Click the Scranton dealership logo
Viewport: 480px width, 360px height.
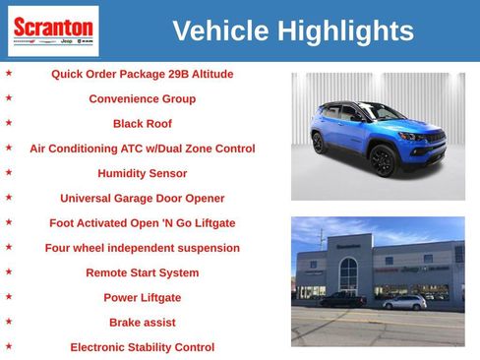(x=53, y=30)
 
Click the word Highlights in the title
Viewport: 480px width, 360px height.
(x=345, y=30)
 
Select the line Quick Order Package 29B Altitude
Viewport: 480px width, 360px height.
(x=142, y=74)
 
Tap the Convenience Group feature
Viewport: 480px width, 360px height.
(x=142, y=99)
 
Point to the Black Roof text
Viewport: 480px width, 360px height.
(x=142, y=124)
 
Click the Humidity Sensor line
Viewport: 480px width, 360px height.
(x=142, y=173)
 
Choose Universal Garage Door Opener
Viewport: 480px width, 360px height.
(x=142, y=198)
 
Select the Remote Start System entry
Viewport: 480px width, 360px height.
(x=142, y=272)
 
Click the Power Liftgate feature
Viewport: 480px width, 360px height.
(x=142, y=297)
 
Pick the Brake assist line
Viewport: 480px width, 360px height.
(x=142, y=323)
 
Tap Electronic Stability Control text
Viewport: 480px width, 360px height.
(x=142, y=347)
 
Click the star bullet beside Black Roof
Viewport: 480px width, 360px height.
(x=9, y=123)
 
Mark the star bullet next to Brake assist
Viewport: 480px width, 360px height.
(x=9, y=322)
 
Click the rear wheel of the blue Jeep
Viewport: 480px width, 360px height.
(x=319, y=143)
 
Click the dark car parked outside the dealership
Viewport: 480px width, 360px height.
(x=343, y=299)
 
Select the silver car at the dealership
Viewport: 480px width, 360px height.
(x=404, y=302)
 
